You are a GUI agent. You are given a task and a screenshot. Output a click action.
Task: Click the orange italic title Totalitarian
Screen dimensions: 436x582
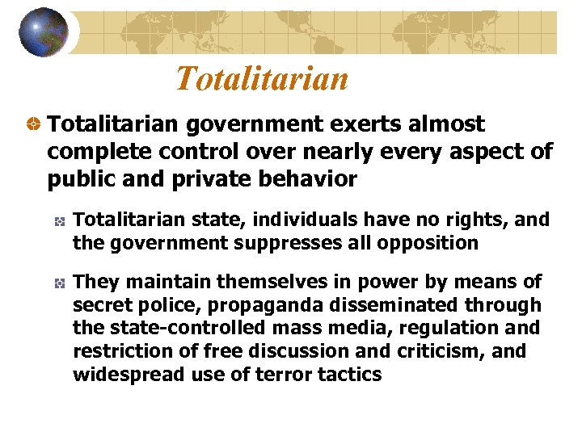pos(262,78)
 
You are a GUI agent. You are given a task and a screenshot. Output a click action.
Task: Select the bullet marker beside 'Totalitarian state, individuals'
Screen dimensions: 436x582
pos(59,220)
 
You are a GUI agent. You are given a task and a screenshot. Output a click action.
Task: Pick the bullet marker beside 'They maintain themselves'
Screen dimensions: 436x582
pos(59,283)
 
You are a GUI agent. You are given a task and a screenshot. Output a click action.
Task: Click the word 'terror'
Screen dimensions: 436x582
pos(276,374)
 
